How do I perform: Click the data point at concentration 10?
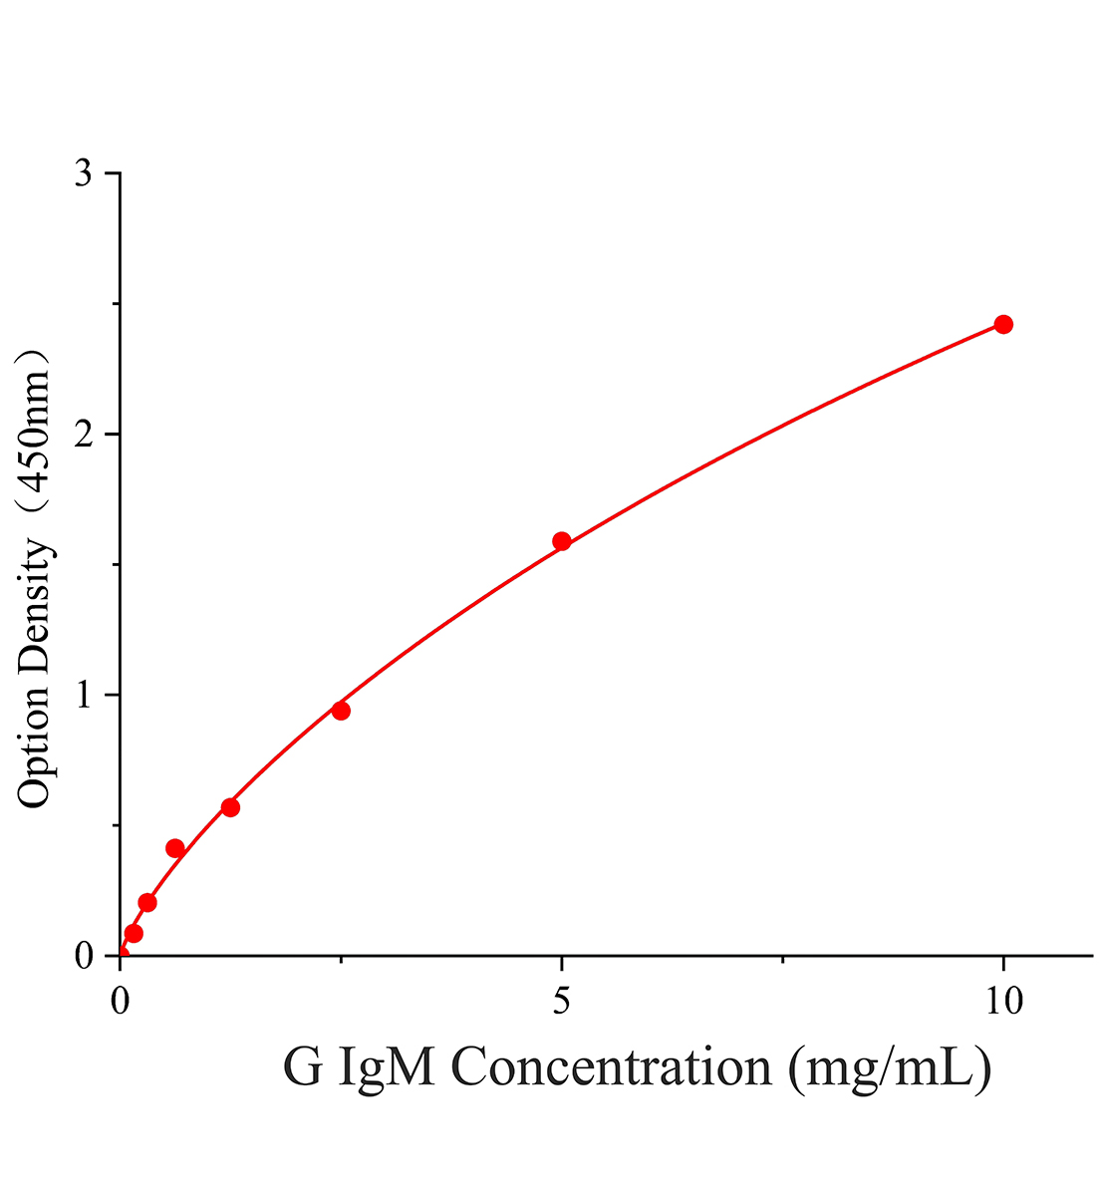1003,324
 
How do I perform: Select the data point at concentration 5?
562,541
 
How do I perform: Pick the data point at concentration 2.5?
341,711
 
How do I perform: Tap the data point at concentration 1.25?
230,808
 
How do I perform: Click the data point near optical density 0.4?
174,848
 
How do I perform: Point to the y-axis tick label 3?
84,174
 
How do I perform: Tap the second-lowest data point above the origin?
147,903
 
